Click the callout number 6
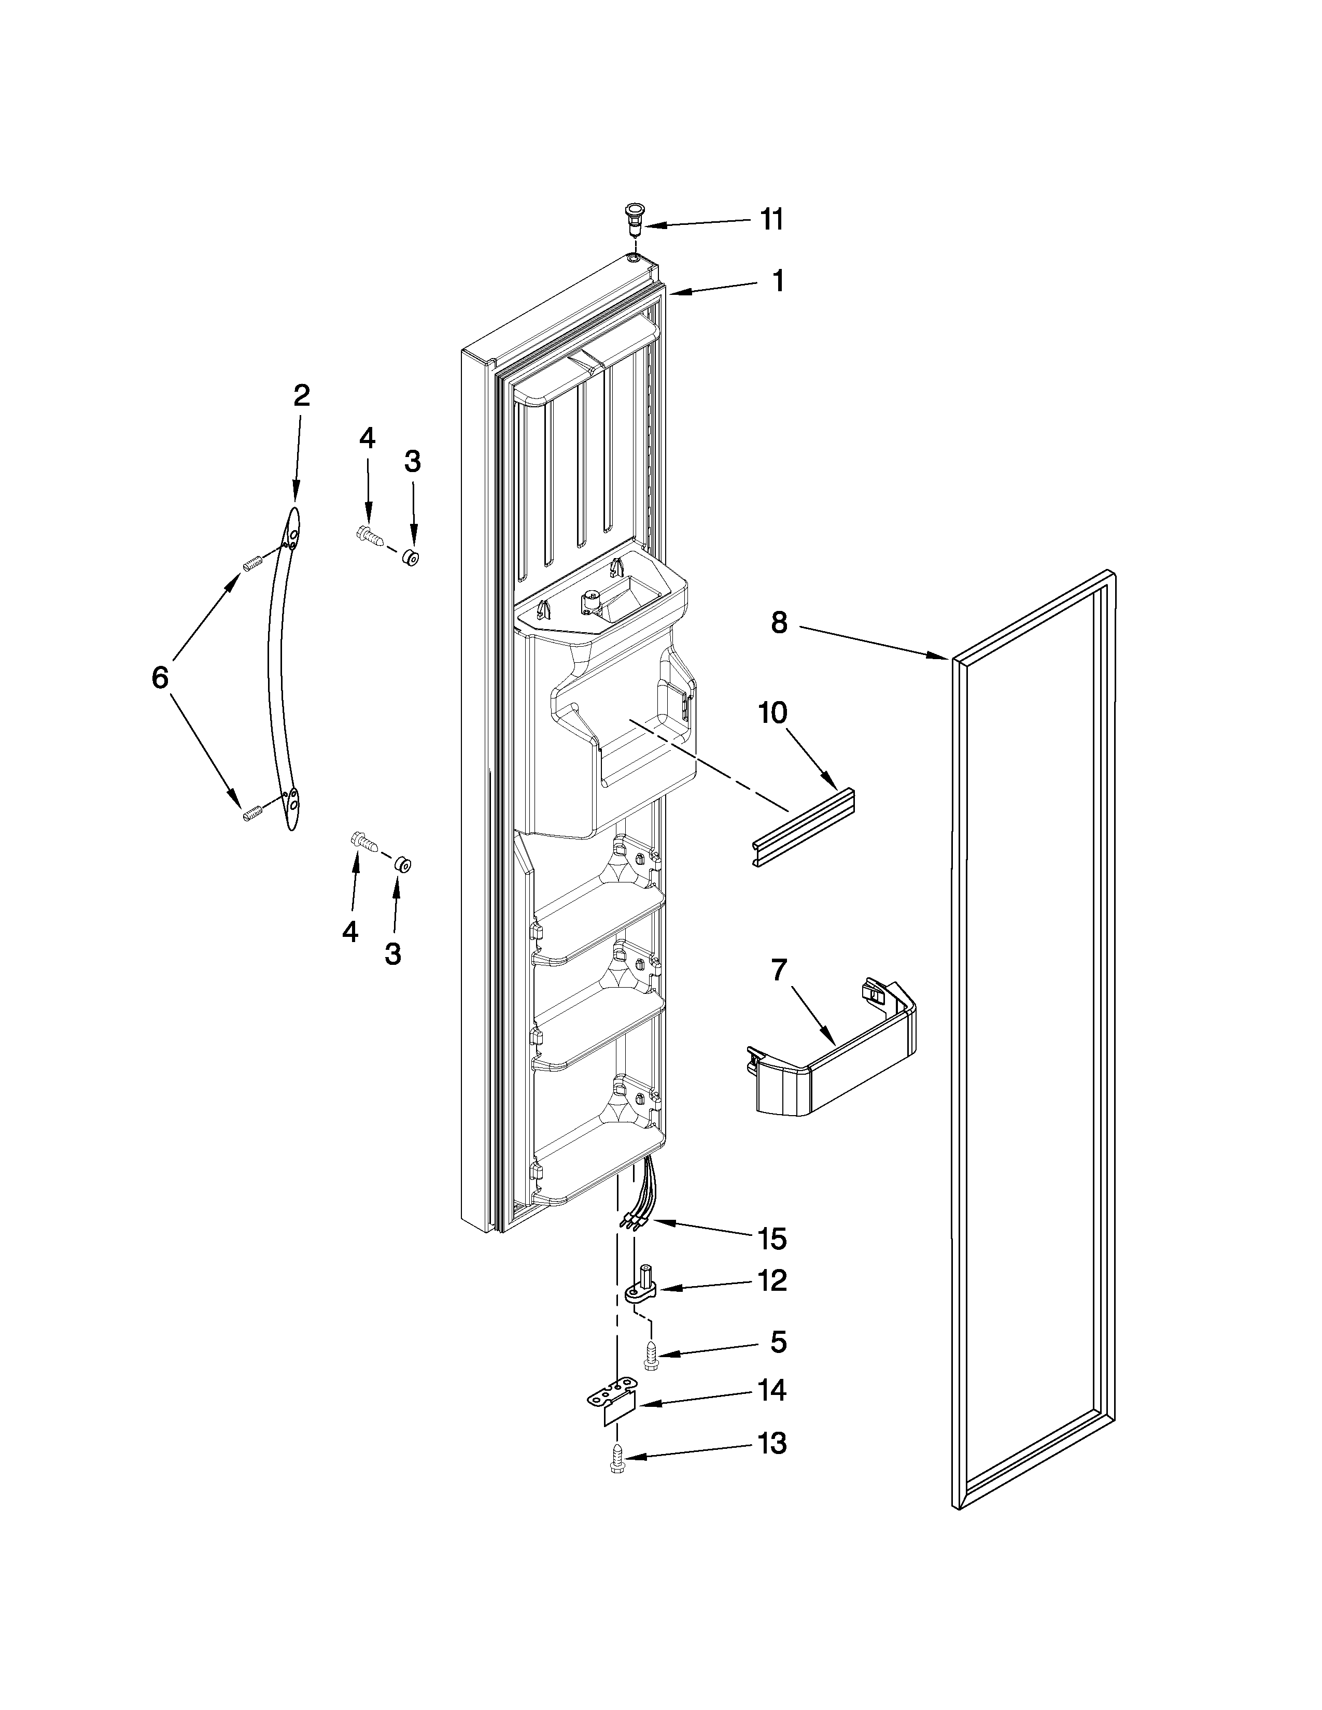160,677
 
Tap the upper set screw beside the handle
250,562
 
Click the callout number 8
779,623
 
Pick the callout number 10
773,714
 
